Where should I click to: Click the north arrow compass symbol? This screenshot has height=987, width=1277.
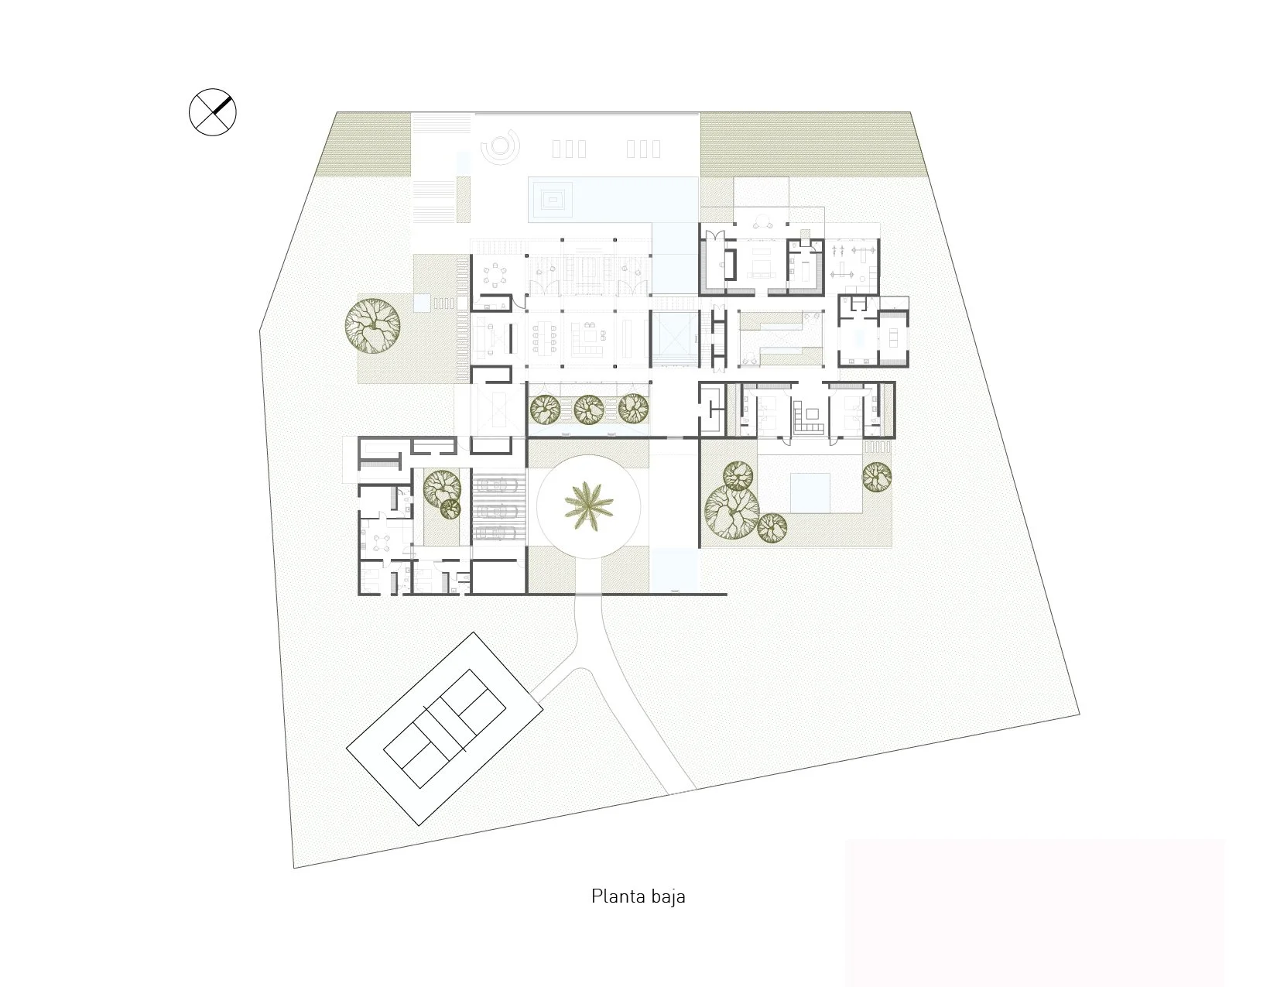pyautogui.click(x=212, y=112)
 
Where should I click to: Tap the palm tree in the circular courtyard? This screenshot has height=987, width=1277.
pyautogui.click(x=588, y=506)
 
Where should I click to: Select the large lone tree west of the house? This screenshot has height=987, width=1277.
pyautogui.click(x=372, y=326)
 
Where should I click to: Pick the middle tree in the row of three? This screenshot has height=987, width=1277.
pyautogui.click(x=589, y=410)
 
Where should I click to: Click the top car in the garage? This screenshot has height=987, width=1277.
pyautogui.click(x=498, y=485)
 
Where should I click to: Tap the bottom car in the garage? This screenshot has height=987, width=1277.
pyautogui.click(x=498, y=533)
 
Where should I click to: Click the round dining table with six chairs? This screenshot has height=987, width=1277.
pyautogui.click(x=497, y=276)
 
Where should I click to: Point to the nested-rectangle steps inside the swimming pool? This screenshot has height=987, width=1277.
pyautogui.click(x=551, y=200)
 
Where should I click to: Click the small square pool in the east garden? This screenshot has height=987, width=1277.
pyautogui.click(x=810, y=492)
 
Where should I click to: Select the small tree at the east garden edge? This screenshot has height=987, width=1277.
pyautogui.click(x=877, y=477)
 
